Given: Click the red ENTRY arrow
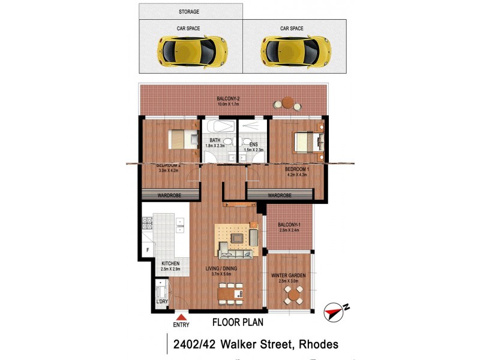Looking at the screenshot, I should click(x=181, y=316).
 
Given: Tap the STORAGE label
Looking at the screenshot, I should click(x=189, y=11).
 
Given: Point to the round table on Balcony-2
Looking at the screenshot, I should click(x=288, y=103).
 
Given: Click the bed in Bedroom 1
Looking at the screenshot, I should click(x=308, y=143).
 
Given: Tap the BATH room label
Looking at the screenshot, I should click(x=215, y=141).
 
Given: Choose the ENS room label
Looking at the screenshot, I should click(x=254, y=143).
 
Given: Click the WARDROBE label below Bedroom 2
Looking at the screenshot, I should click(x=170, y=195).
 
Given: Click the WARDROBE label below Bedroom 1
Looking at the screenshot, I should click(x=280, y=195).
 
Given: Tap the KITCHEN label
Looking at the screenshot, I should click(x=170, y=263).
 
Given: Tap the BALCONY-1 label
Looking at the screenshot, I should click(x=289, y=226).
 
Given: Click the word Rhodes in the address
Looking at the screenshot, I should click(x=316, y=344).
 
